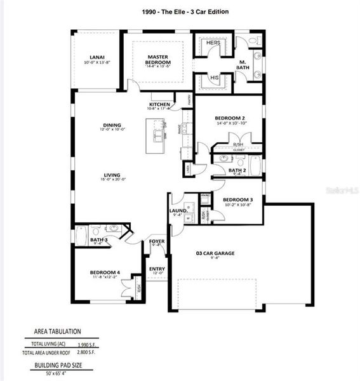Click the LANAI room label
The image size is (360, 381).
coord(97,57)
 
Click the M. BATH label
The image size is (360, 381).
coord(243,64)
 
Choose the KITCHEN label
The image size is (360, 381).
coord(159,104)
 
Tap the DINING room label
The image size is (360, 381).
coord(112,125)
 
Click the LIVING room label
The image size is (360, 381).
coord(113,175)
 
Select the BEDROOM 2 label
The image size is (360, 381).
coord(229,118)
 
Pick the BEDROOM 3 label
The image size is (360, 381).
coord(237,199)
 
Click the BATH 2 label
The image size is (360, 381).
coord(237,170)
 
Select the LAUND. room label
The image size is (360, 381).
coord(178,210)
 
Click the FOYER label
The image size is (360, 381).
coord(157,241)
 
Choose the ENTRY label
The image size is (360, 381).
coord(157,269)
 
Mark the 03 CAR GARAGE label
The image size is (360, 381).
coord(215,253)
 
